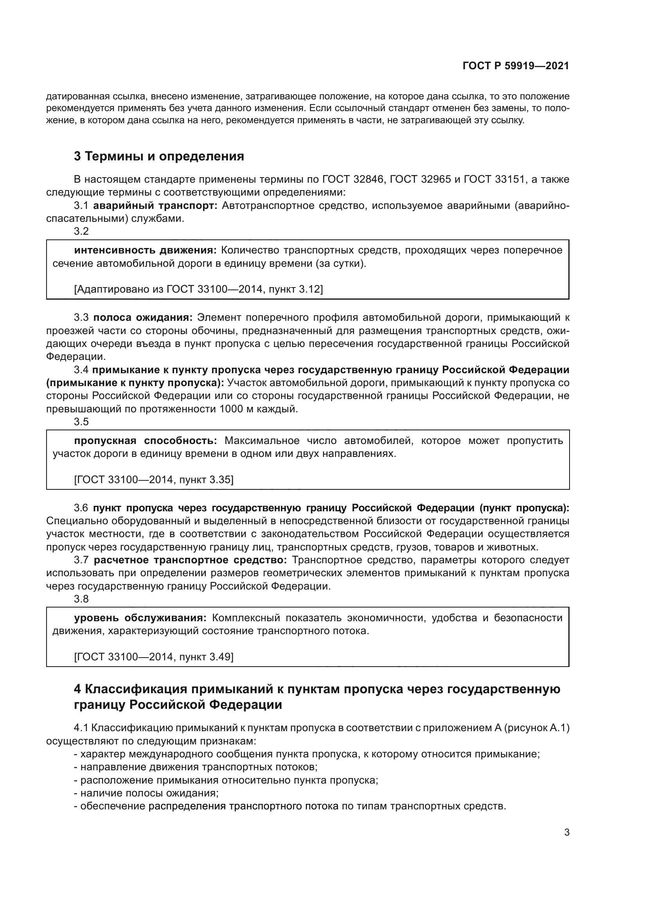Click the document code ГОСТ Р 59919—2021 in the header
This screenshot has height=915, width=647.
pos(516,66)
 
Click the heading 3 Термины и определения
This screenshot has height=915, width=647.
pos(159,156)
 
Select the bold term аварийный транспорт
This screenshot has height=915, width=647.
pos(155,206)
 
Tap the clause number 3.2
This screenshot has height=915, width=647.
pos(81,231)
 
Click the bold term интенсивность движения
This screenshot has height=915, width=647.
pos(145,250)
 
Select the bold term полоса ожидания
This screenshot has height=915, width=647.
pos(143,318)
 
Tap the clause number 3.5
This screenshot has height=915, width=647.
pos(81,422)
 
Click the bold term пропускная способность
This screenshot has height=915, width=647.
pos(145,441)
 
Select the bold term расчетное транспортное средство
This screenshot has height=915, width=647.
pos(190,560)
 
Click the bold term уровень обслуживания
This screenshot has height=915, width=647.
pos(140,618)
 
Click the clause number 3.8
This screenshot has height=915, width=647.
pos(81,599)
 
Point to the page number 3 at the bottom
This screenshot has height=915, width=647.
pos(566,832)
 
